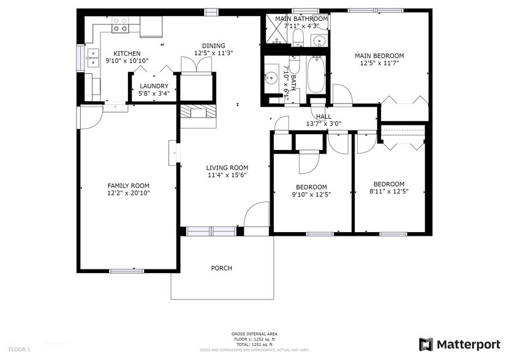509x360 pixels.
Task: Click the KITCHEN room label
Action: click(127, 54)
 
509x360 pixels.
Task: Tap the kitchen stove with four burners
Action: click(121, 24)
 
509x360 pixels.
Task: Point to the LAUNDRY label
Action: click(153, 86)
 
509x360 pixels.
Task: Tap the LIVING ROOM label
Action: click(227, 168)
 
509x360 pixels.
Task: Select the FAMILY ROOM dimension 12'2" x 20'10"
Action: click(129, 193)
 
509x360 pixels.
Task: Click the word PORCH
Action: click(221, 268)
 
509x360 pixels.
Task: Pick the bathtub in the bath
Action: click(316, 73)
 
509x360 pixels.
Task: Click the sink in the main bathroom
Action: click(319, 41)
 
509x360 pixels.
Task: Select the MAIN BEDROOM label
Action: click(379, 56)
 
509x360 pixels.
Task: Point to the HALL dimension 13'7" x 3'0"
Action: click(323, 124)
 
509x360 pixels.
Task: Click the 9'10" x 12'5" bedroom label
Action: click(311, 187)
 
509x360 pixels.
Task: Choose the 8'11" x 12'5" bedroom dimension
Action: click(389, 191)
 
